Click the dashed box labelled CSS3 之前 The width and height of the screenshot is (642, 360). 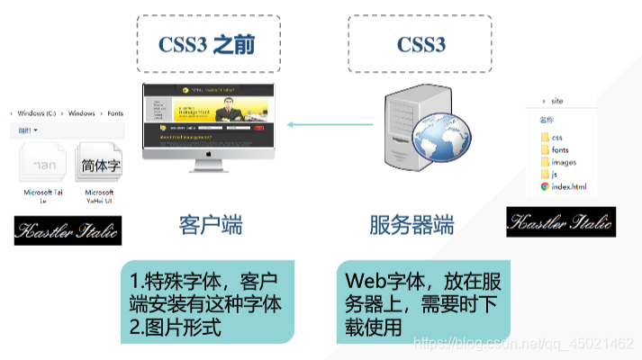pos(210,43)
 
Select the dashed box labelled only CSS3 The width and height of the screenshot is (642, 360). pos(420,43)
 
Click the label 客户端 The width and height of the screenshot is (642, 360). pos(210,225)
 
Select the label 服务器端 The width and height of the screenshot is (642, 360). pos(411,225)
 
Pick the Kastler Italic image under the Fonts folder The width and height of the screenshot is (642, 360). pos(68,230)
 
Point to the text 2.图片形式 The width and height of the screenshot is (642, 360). pos(176,327)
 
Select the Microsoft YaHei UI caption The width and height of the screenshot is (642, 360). pos(99,198)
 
